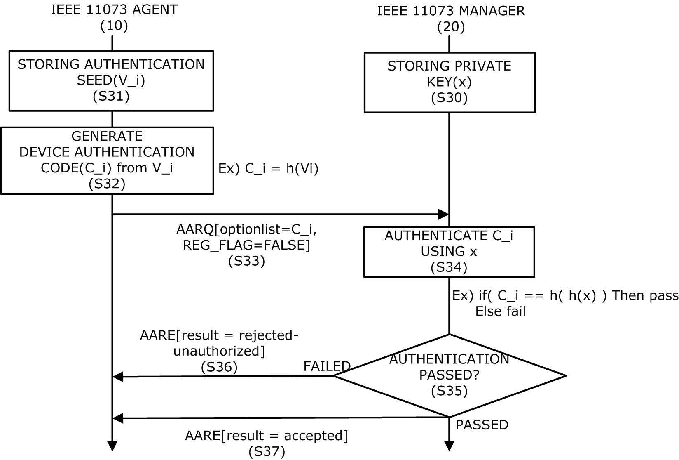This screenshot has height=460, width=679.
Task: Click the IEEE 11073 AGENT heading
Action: [114, 10]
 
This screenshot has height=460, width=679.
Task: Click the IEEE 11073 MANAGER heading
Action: [451, 11]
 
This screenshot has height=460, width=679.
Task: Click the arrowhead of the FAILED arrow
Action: [117, 377]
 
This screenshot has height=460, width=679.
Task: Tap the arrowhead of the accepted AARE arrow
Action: [117, 418]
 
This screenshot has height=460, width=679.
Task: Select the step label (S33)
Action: [247, 261]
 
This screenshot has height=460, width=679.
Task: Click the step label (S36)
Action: [219, 367]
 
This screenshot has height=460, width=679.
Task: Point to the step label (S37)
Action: [267, 452]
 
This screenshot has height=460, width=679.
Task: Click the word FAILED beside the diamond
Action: [327, 366]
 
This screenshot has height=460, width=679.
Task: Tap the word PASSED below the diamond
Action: [482, 425]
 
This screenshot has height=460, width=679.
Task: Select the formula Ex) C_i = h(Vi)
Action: [268, 168]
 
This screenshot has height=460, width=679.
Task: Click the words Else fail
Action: [500, 311]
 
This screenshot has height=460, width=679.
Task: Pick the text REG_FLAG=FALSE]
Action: [246, 245]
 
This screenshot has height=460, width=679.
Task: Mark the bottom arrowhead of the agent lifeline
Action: [112, 446]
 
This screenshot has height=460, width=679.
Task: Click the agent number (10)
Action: [114, 26]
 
